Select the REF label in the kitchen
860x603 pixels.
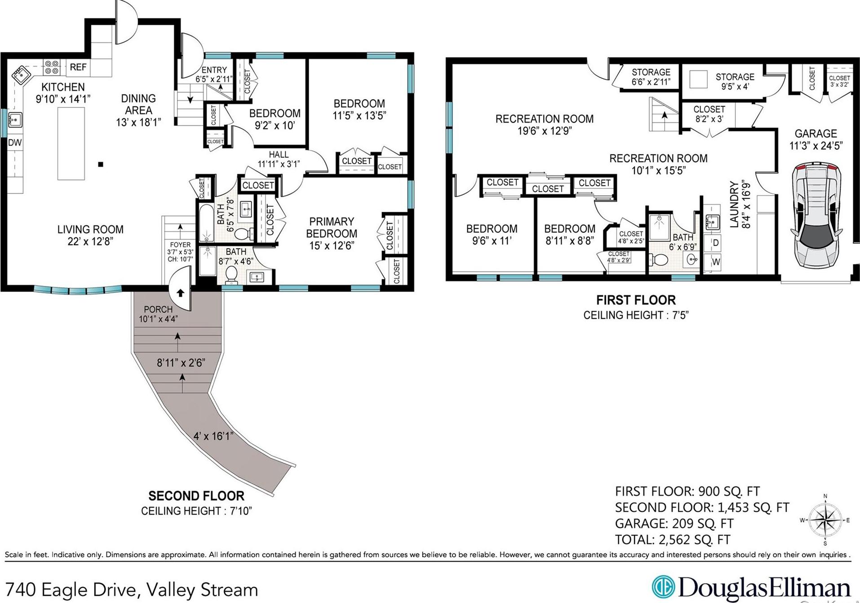pyautogui.click(x=78, y=67)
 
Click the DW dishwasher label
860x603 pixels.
pyautogui.click(x=15, y=143)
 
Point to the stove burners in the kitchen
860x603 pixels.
pyautogui.click(x=52, y=67)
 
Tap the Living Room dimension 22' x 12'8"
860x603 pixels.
pyautogui.click(x=90, y=241)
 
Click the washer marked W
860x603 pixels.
pyautogui.click(x=716, y=262)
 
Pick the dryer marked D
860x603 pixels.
pyautogui.click(x=715, y=243)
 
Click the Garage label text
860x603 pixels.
pyautogui.click(x=816, y=134)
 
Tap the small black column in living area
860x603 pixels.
pyautogui.click(x=101, y=165)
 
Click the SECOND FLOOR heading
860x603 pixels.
pyautogui.click(x=196, y=496)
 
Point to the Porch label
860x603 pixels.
pyautogui.click(x=158, y=309)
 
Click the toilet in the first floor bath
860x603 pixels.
pyautogui.click(x=659, y=260)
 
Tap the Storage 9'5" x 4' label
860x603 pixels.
pyautogui.click(x=735, y=81)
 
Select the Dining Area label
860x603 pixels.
pyautogui.click(x=138, y=104)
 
